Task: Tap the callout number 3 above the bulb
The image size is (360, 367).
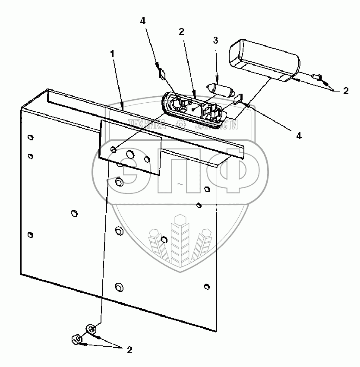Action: tap(215, 40)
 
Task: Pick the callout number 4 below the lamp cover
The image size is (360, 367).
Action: tap(298, 136)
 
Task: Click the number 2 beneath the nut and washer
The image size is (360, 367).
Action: tap(129, 350)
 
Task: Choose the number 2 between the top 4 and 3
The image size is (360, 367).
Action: tap(181, 32)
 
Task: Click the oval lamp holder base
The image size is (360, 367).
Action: tap(193, 110)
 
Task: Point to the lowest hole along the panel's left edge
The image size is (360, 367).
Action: tap(30, 235)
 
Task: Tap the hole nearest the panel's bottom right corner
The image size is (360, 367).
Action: tap(207, 286)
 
